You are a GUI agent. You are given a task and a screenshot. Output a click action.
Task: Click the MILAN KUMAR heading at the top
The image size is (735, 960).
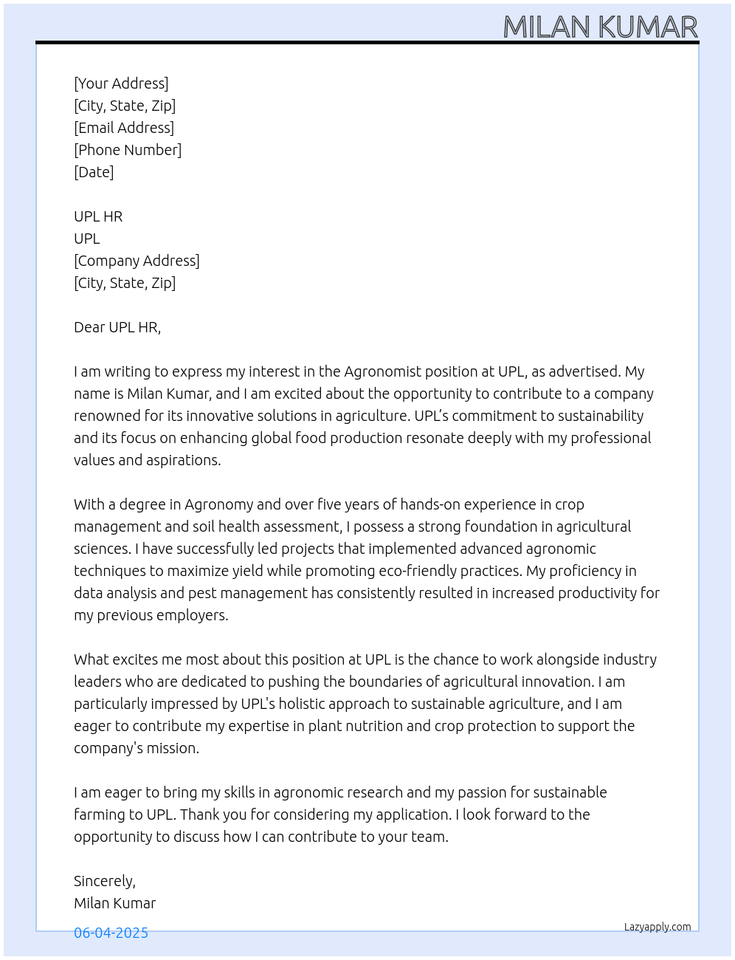coord(600,27)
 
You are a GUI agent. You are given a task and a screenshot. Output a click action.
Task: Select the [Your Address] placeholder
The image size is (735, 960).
coord(121,83)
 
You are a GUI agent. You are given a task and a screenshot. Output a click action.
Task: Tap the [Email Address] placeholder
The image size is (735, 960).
coord(124,128)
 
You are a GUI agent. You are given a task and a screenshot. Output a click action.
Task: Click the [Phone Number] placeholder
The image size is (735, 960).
coord(128,150)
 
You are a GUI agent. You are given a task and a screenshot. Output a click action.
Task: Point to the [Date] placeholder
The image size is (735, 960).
coord(94,172)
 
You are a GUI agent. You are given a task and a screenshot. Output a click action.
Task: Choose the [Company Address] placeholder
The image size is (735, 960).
coord(137,261)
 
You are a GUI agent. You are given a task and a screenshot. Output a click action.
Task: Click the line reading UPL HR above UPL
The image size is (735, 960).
coord(98,216)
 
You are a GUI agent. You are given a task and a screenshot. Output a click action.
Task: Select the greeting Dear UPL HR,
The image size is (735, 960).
coord(117,327)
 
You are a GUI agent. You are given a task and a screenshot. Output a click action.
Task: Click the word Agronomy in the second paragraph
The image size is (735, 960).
coord(218,504)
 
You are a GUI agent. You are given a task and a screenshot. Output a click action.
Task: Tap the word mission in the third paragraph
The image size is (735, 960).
coord(174,748)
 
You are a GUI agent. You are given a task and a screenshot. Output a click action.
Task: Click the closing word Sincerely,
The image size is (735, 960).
coord(105,881)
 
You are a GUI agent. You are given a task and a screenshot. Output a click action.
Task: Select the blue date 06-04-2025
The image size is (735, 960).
coord(111,933)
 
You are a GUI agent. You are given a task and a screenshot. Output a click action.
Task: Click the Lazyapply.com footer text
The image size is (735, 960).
coord(658,927)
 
